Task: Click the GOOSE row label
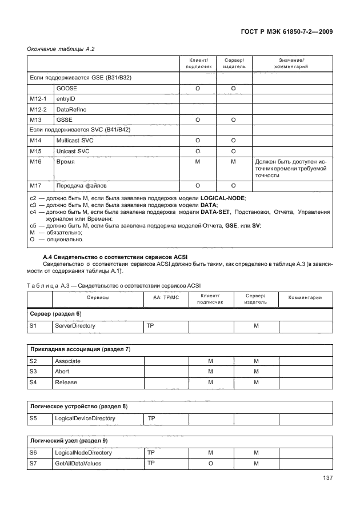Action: tap(66, 89)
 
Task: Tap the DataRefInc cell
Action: tap(70, 109)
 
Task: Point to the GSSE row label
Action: tap(64, 119)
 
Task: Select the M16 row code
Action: tap(36, 162)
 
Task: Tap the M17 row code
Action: tap(36, 186)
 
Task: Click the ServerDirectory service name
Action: tap(74, 325)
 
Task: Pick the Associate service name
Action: tap(67, 361)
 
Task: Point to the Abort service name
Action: tap(62, 372)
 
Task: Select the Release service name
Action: tap(66, 382)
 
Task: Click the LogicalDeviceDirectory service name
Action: tap(85, 419)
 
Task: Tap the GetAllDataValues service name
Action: tap(78, 463)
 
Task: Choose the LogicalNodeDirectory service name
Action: tap(83, 452)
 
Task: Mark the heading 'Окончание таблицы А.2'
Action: tap(61, 49)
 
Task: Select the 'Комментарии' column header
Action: tap(305, 298)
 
